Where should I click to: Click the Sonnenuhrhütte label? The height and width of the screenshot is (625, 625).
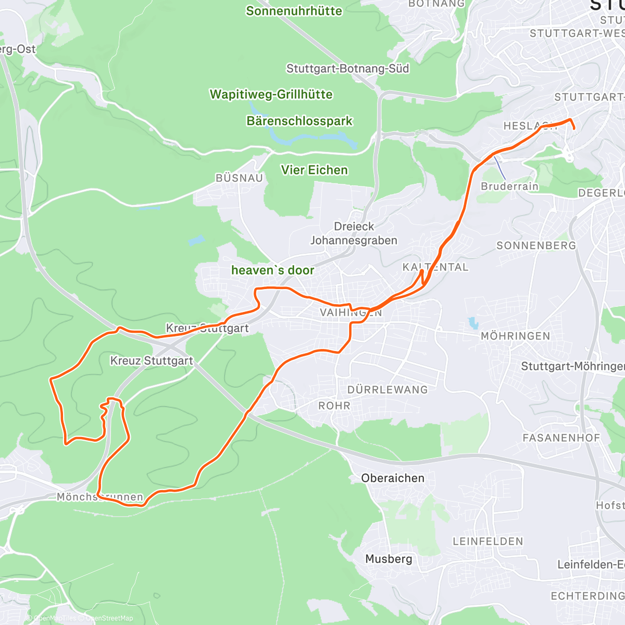[294, 11]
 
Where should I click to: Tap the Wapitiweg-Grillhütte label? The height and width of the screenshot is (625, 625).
[271, 94]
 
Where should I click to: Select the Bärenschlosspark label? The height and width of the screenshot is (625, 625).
[299, 121]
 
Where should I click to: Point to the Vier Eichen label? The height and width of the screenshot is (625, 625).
[314, 170]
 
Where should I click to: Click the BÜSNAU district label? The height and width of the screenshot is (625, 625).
[239, 178]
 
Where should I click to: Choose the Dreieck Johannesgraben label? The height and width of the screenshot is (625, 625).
[354, 233]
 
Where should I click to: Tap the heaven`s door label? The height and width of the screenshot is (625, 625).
[272, 270]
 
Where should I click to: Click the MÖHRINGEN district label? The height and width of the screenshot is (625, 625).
[515, 336]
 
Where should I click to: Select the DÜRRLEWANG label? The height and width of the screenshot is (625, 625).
[387, 390]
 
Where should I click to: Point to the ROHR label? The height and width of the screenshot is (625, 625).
[334, 405]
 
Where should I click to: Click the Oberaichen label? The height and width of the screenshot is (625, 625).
[393, 478]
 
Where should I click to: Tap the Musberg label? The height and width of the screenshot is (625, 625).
[389, 559]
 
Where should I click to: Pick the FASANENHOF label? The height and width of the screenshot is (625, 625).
[561, 438]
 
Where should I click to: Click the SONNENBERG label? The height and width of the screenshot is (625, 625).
[536, 245]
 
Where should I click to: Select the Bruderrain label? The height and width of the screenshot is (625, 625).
[509, 186]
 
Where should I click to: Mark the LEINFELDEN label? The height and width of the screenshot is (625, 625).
[488, 541]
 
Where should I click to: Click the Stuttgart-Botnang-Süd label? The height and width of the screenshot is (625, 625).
[347, 68]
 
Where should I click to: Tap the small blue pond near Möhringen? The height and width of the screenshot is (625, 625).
[473, 323]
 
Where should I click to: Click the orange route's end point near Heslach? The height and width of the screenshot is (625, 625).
[573, 128]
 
